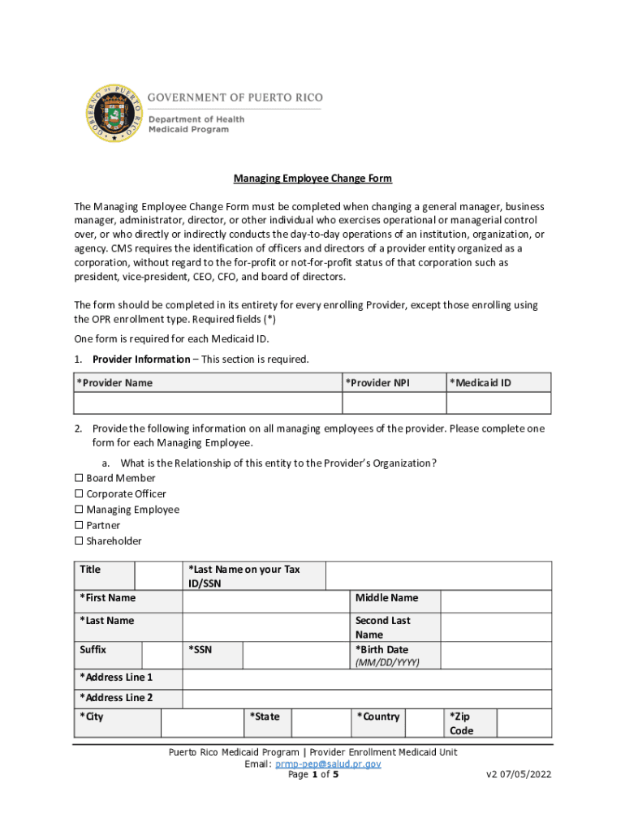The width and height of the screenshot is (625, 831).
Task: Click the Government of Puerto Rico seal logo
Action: pyautogui.click(x=114, y=114)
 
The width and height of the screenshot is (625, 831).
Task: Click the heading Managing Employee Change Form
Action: pyautogui.click(x=313, y=179)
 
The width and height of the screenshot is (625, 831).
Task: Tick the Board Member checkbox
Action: pyautogui.click(x=80, y=478)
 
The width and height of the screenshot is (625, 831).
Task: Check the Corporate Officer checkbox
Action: pyautogui.click(x=80, y=494)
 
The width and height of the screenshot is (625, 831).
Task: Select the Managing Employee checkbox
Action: pyautogui.click(x=80, y=510)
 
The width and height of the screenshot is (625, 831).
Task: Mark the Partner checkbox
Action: pyautogui.click(x=80, y=526)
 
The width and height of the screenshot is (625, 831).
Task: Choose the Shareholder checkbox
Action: pyautogui.click(x=80, y=541)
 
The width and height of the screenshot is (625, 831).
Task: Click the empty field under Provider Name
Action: pyautogui.click(x=208, y=403)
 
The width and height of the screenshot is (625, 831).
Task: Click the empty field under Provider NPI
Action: pyautogui.click(x=394, y=403)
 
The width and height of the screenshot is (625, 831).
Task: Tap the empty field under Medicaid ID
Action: pyautogui.click(x=498, y=403)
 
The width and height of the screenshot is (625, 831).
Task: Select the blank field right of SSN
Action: pyautogui.click(x=295, y=656)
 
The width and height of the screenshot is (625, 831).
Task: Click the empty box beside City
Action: pyautogui.click(x=202, y=722)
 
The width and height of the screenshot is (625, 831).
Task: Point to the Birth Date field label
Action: pyautogui.click(x=381, y=649)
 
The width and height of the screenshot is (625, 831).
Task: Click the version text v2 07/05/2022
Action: pyautogui.click(x=519, y=775)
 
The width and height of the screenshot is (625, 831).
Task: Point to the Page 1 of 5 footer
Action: pyautogui.click(x=313, y=775)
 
